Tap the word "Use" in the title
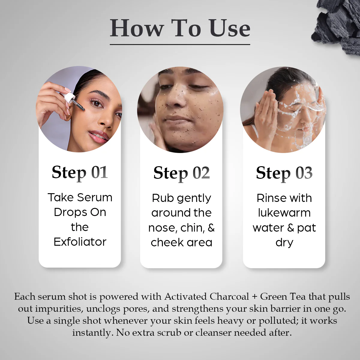pos(229,28)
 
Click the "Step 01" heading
pos(80,173)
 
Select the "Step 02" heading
pos(181,173)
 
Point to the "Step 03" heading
pos(284,173)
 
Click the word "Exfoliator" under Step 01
pos(80,242)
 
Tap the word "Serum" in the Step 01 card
pos(95,197)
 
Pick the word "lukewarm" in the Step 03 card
pos(284,213)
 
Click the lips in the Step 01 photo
pos(98,136)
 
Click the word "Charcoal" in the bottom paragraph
pos(229,297)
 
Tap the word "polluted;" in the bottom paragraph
pos(278,321)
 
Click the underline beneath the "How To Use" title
pos(180,44)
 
